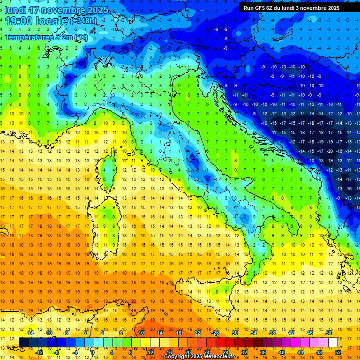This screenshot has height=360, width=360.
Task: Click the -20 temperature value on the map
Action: pyautogui.click(x=330, y=151)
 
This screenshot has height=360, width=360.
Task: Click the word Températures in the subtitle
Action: pyautogui.click(x=27, y=37)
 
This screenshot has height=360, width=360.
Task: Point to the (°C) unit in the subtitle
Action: pyautogui.click(x=80, y=37)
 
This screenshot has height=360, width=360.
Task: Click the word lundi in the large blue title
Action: pyautogui.click(x=16, y=10)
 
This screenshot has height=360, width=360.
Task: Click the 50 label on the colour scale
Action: pyautogui.click(x=329, y=333)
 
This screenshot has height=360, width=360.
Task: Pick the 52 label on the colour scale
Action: pyautogui.click(x=338, y=352)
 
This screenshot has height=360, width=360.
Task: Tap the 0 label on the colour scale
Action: pyautogui.click(x=93, y=352)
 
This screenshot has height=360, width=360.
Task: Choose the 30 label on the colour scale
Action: pyautogui.click(x=235, y=333)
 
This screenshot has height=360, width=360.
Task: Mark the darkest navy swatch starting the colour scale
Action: pyautogui.click(x=23, y=343)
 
